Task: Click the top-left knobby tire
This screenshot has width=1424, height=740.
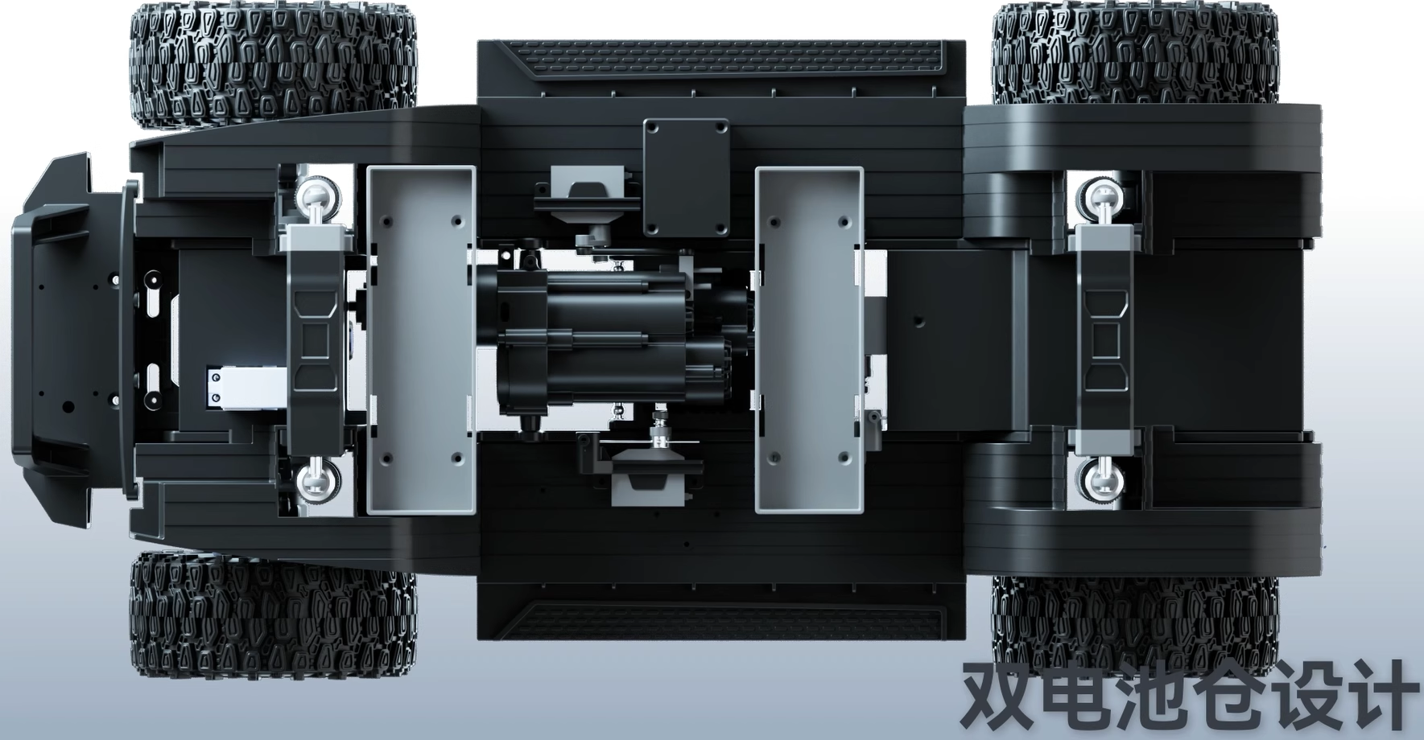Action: pyautogui.click(x=274, y=64)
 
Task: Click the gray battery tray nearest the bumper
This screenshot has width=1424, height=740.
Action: pyautogui.click(x=420, y=339)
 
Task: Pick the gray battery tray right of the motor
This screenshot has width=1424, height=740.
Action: pyautogui.click(x=809, y=339)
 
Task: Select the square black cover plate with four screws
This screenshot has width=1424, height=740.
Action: pyautogui.click(x=686, y=178)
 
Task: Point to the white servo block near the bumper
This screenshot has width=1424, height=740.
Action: pyautogui.click(x=246, y=388)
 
